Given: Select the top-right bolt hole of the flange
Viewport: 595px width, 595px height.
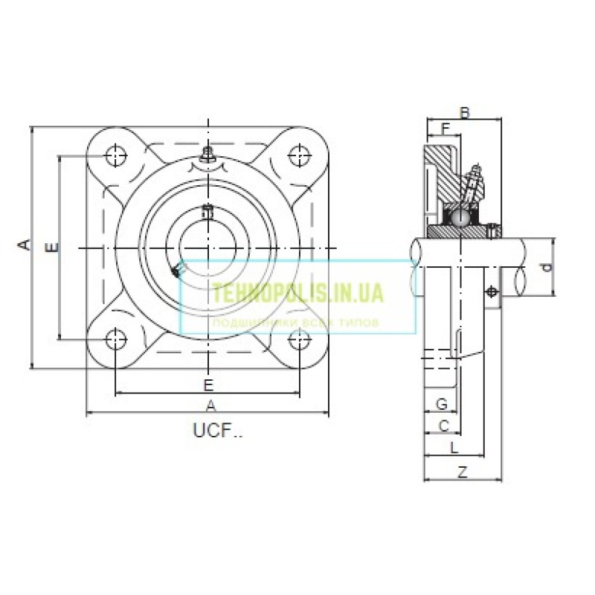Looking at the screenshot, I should click(300, 156).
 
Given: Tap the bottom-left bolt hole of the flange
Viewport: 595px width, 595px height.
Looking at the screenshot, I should click(116, 340).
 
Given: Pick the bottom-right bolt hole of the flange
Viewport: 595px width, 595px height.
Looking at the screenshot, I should click(300, 340).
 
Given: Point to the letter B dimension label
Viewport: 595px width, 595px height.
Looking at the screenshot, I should click(465, 113).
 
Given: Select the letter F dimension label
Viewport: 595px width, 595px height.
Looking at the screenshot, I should click(446, 129).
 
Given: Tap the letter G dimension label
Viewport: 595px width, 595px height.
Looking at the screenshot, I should click(441, 404).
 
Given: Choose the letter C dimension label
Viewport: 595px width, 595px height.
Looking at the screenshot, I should click(444, 425).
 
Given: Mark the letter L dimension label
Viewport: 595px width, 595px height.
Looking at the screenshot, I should click(454, 447).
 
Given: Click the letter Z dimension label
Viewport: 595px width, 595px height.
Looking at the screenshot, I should click(462, 472).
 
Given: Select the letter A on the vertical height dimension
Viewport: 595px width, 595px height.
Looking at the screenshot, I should click(25, 245).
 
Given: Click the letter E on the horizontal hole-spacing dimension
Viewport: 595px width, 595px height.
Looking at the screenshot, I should click(208, 385).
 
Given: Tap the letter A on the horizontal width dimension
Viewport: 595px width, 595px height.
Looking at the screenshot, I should click(210, 405).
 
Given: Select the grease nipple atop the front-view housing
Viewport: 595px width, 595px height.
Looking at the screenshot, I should click(208, 156).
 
